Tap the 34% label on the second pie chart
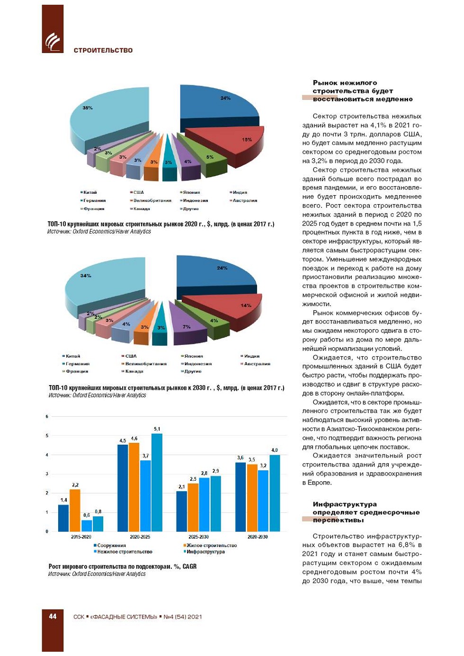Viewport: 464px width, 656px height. coord(86,276)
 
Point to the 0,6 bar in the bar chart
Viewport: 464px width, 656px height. coord(87,525)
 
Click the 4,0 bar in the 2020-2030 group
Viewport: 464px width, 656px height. coord(275,493)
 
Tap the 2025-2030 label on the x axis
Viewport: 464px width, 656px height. coord(198,537)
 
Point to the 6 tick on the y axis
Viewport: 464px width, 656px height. coord(47,417)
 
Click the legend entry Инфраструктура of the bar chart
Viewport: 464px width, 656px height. coord(205,552)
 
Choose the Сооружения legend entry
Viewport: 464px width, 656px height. coord(111,546)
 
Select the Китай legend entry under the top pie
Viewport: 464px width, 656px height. coord(89,192)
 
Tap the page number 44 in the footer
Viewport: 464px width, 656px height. coord(53,617)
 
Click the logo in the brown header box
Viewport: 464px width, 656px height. coord(53,42)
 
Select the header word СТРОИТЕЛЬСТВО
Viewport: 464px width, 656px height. coord(103,50)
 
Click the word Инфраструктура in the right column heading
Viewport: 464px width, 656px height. coord(345,504)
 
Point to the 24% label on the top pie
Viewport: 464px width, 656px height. coord(225,98)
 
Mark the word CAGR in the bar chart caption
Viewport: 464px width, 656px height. coord(189,566)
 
